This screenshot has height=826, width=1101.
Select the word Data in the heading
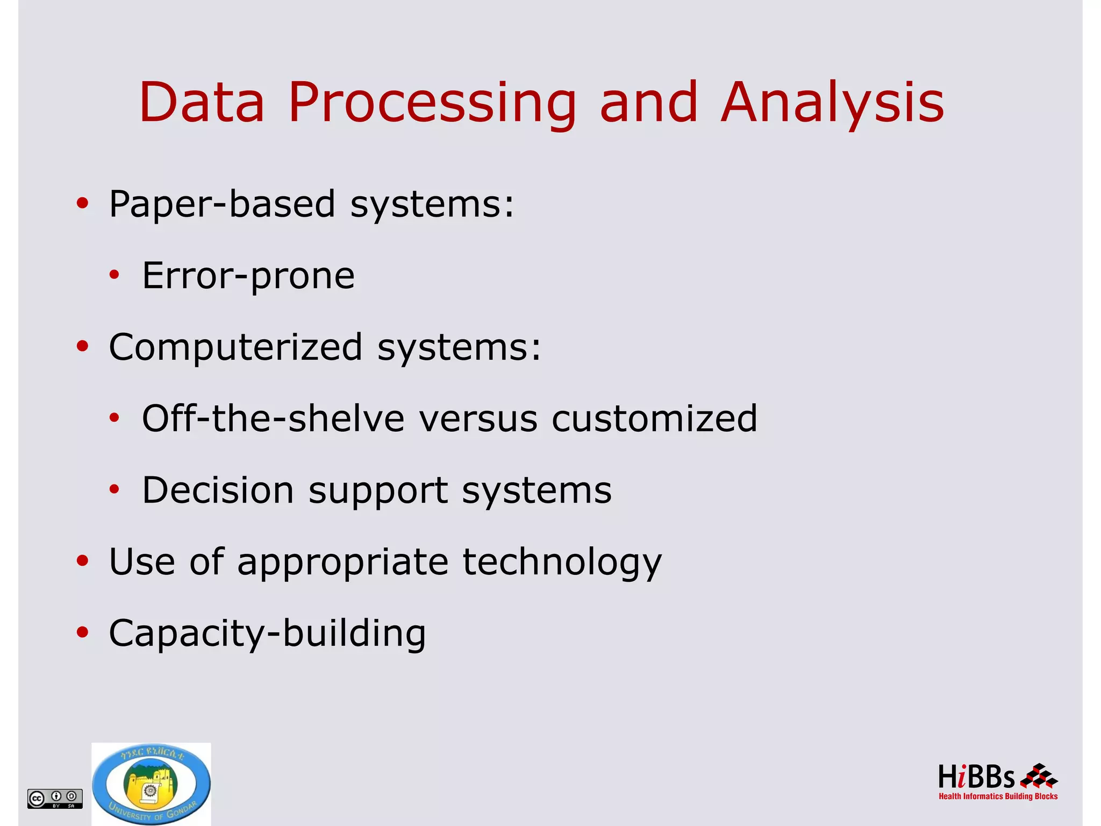coord(202,102)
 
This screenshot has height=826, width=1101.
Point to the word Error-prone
coord(248,276)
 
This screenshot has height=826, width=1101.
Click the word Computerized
coord(235,347)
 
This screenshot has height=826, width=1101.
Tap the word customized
coord(654,418)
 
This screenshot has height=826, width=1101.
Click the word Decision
coord(218,490)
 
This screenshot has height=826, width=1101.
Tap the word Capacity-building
coord(267,633)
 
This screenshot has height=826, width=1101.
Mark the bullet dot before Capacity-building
coord(82,632)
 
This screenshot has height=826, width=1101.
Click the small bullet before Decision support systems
coord(114,489)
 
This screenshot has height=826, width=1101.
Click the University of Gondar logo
coord(151,784)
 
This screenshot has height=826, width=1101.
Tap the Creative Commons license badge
coord(55,799)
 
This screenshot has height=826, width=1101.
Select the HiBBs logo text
coord(976,778)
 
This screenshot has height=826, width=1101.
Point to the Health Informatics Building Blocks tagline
coord(998,796)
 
